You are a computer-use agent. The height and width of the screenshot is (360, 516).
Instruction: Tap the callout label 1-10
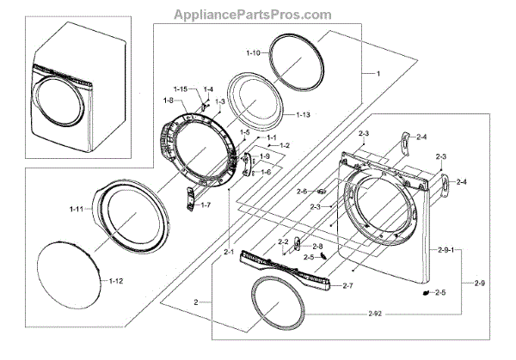[x=252, y=53]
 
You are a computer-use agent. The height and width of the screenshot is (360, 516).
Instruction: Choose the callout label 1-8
[x=169, y=101]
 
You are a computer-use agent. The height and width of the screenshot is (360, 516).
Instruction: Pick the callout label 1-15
[x=180, y=89]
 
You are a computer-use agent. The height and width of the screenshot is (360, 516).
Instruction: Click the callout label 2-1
[x=229, y=252]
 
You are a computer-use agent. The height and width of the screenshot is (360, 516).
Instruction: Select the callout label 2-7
[x=348, y=284]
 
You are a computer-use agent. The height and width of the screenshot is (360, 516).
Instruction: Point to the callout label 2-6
[x=301, y=191]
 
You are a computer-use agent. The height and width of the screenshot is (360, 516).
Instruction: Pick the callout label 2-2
[x=283, y=243]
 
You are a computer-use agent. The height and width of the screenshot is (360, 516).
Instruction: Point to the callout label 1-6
[x=267, y=172]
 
